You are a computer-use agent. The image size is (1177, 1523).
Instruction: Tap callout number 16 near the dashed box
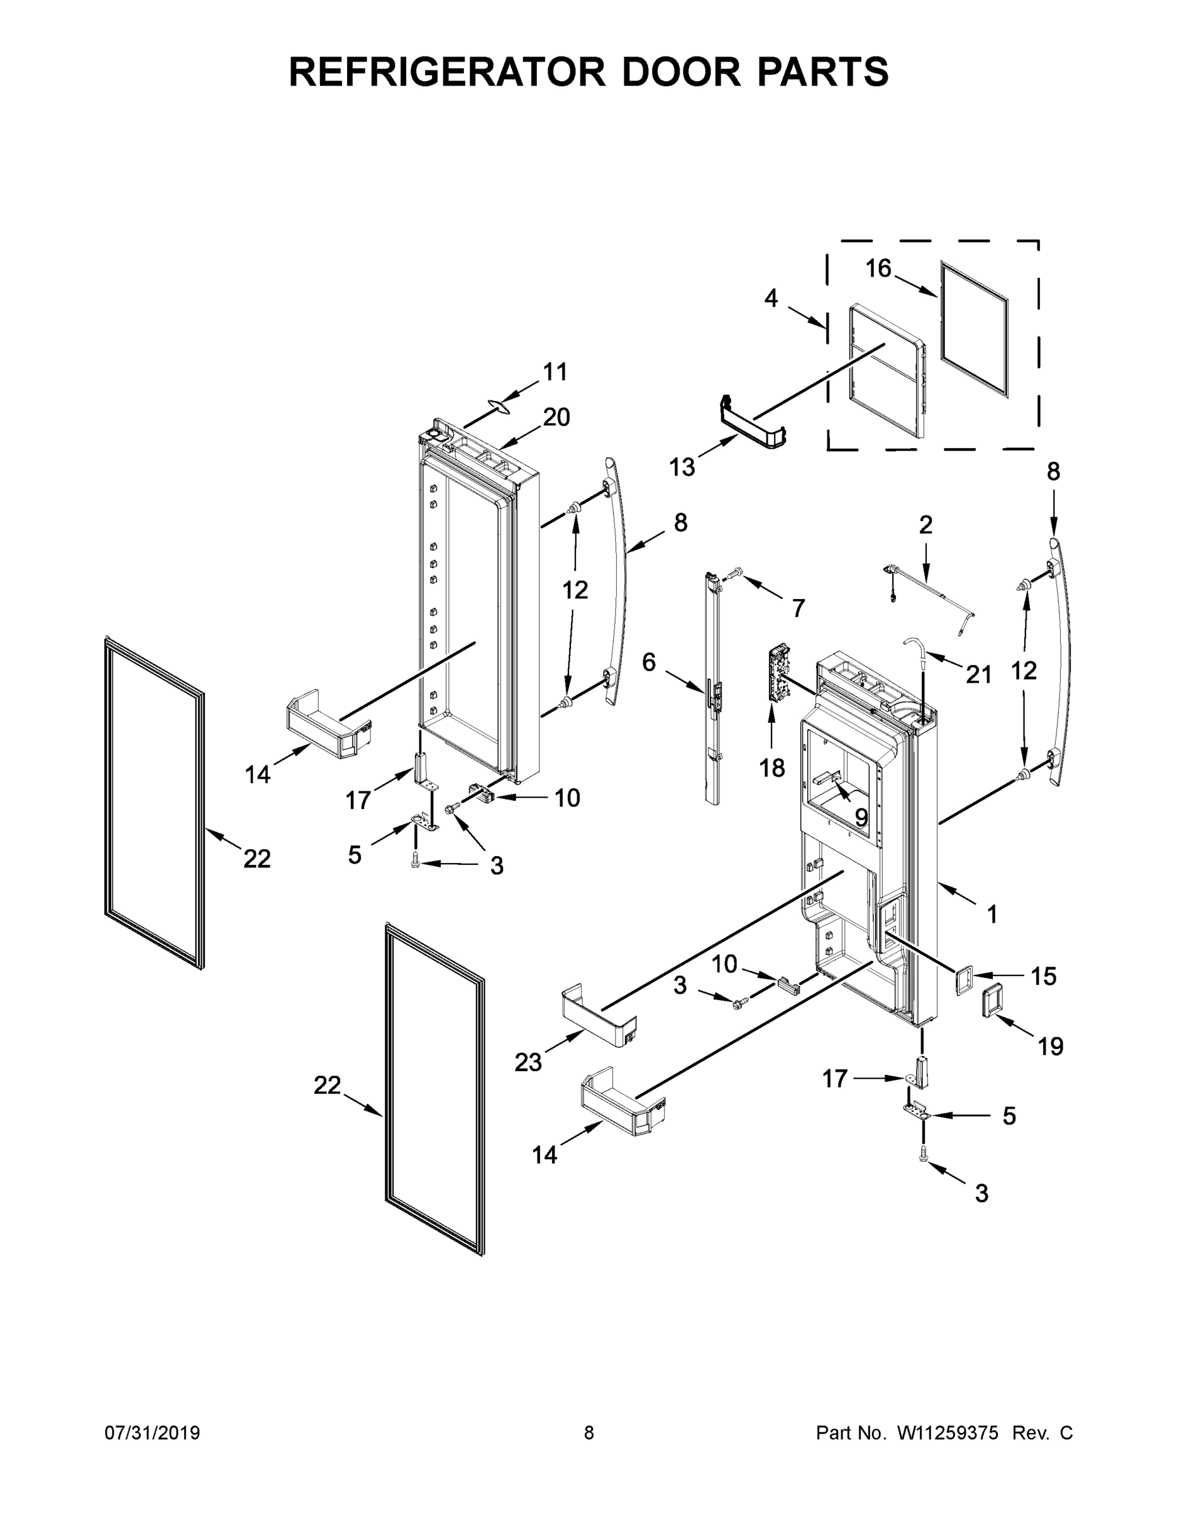pos(879,268)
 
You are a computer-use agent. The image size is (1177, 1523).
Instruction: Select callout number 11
pos(555,372)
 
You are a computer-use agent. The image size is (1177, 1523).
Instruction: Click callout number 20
pos(556,417)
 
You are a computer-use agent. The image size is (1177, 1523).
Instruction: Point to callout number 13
pos(682,467)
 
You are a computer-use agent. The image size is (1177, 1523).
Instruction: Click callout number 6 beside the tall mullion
pos(648,662)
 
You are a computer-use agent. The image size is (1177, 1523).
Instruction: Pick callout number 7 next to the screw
pos(798,607)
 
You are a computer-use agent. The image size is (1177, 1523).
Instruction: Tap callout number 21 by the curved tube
pos(978,674)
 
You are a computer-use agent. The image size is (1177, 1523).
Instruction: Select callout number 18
pos(772,768)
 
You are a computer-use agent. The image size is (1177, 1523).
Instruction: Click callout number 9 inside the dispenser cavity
pos(861,817)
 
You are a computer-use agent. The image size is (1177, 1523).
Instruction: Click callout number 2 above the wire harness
pos(925,524)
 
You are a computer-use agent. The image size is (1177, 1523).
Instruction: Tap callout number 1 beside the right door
pos(992,914)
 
